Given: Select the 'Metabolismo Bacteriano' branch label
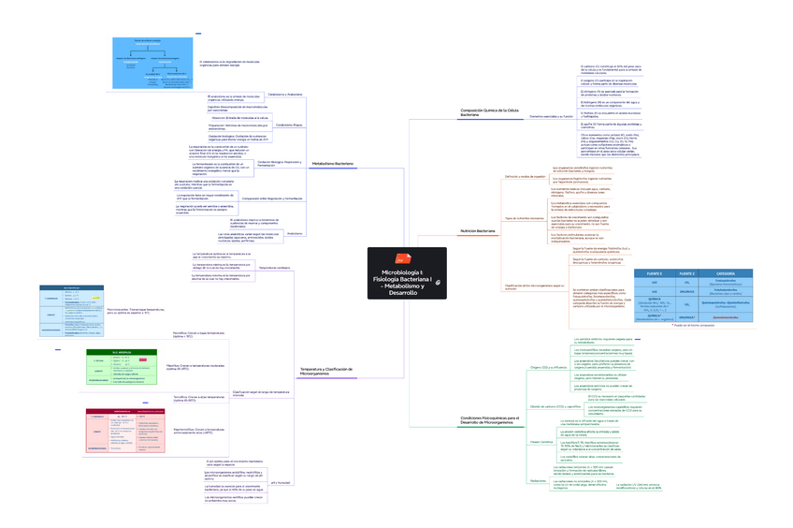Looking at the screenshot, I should click(x=333, y=163).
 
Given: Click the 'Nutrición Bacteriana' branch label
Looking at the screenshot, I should click(x=478, y=229).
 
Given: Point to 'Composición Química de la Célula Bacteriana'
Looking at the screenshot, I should click(x=490, y=112).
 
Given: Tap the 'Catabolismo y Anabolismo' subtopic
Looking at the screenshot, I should click(x=285, y=94).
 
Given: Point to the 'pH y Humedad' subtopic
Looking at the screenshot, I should click(x=281, y=482).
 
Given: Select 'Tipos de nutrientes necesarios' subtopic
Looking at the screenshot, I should click(x=524, y=217).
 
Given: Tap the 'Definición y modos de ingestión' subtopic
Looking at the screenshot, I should click(x=525, y=176).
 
